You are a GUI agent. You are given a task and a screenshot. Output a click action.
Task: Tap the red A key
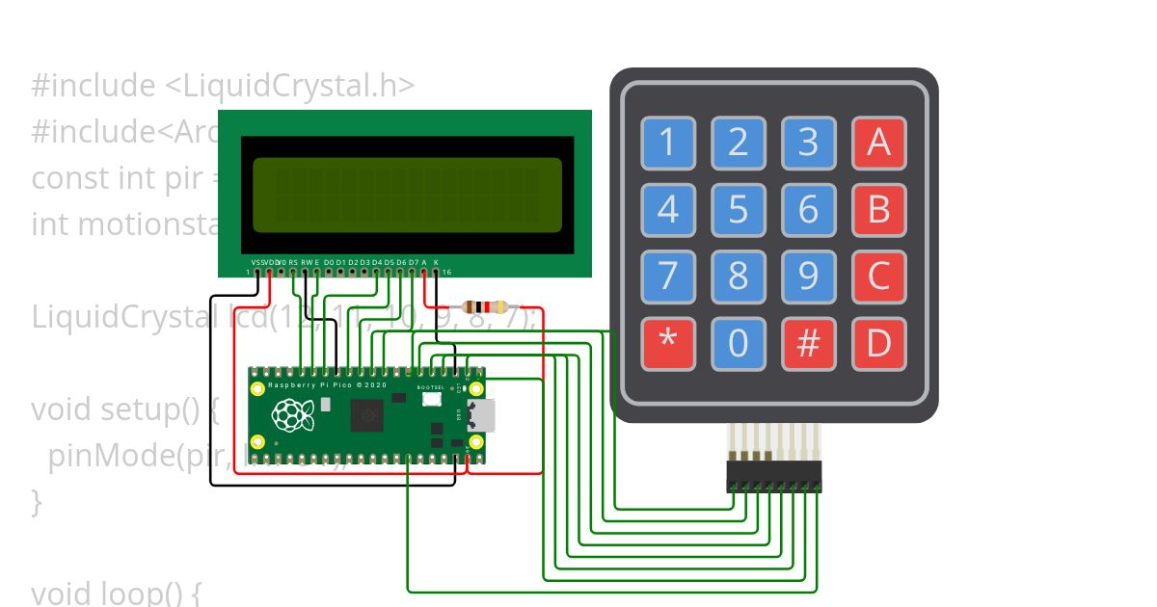pyautogui.click(x=878, y=143)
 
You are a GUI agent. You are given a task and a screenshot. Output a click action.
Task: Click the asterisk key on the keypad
pyautogui.click(x=668, y=344)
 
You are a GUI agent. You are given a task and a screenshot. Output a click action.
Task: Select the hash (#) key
pyautogui.click(x=808, y=344)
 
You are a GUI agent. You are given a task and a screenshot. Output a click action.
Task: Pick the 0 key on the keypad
pyautogui.click(x=739, y=344)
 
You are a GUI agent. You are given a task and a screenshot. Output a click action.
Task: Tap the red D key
pyautogui.click(x=878, y=344)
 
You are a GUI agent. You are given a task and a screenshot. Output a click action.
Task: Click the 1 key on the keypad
pyautogui.click(x=668, y=143)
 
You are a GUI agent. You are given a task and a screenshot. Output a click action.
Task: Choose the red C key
pyautogui.click(x=878, y=277)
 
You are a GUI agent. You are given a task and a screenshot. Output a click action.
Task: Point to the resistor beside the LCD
pyautogui.click(x=485, y=307)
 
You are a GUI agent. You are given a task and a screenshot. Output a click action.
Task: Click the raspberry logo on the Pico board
pyautogui.click(x=293, y=415)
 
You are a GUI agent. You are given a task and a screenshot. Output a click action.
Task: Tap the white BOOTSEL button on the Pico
pyautogui.click(x=430, y=400)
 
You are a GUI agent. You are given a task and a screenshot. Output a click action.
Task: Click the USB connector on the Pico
pyautogui.click(x=482, y=415)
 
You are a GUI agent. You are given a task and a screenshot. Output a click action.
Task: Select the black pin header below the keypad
pyautogui.click(x=774, y=476)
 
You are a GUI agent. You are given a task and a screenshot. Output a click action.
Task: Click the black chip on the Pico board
pyautogui.click(x=366, y=415)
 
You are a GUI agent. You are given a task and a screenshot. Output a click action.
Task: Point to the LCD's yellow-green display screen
pyautogui.click(x=407, y=195)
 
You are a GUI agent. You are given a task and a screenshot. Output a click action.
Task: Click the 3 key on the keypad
pyautogui.click(x=808, y=143)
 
